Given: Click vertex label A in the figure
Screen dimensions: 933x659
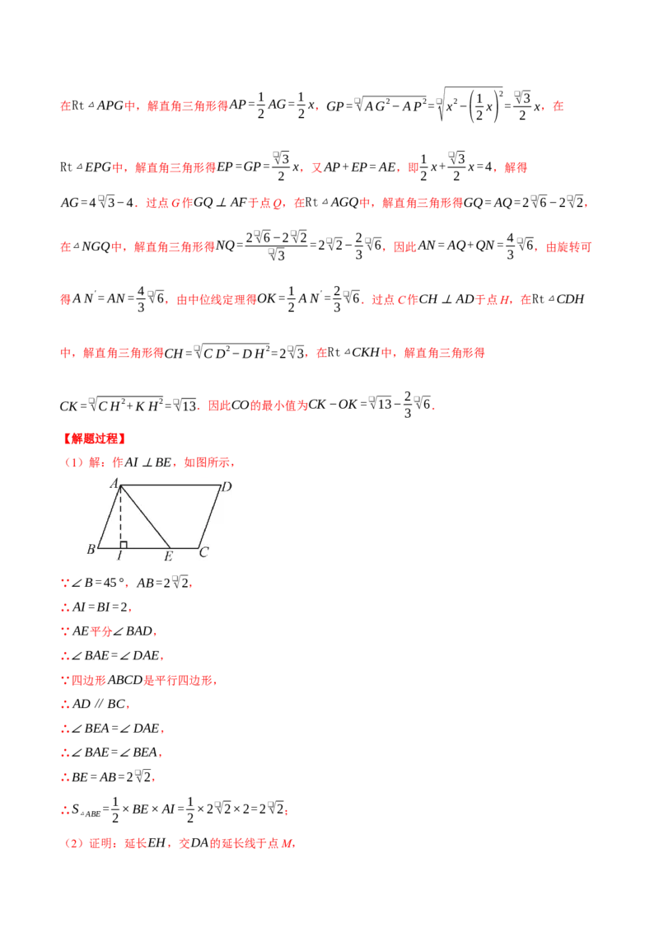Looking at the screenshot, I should (x=115, y=483).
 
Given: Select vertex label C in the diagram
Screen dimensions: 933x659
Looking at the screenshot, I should (x=203, y=552).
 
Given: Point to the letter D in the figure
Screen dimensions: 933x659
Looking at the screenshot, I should (x=226, y=487).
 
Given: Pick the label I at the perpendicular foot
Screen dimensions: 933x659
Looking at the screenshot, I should (x=119, y=556).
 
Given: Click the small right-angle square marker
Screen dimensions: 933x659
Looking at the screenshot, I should (x=124, y=544).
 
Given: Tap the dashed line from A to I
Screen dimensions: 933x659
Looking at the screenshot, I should (x=120, y=515).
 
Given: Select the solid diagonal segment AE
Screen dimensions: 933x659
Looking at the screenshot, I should (x=146, y=517).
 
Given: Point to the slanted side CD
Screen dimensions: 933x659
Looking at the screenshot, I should (x=210, y=517).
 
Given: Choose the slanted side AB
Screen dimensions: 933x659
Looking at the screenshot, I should (x=109, y=517).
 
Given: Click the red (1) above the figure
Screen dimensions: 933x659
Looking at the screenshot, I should (x=74, y=462).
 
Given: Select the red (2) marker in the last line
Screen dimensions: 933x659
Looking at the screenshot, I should (x=74, y=844).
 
